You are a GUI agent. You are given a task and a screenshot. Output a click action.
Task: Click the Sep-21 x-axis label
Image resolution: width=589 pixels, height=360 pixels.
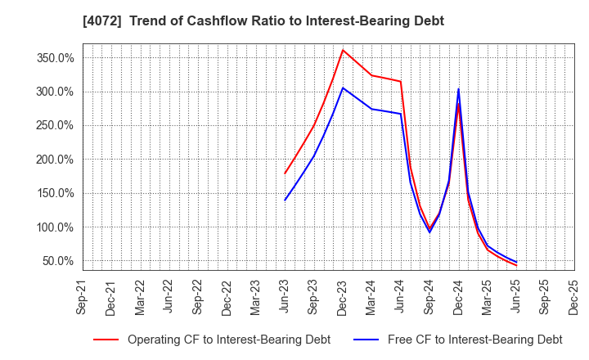83,296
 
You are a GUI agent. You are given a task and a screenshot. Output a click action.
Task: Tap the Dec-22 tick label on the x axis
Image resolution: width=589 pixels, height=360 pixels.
227,296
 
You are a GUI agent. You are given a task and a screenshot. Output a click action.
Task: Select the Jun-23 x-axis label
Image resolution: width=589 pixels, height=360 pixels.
285,296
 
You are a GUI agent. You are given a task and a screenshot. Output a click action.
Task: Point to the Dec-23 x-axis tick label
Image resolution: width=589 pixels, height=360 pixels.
343,296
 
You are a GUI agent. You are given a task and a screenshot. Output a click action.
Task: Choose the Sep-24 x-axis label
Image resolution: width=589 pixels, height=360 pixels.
429,296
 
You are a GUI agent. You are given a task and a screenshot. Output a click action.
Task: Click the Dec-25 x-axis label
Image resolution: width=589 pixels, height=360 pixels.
573,296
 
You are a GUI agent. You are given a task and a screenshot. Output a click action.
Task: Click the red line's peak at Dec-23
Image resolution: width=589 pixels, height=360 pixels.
343,50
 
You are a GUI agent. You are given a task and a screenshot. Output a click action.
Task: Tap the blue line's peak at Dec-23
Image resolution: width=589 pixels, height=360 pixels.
343,88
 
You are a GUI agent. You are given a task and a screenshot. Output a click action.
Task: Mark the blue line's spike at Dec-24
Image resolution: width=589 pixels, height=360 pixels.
458,88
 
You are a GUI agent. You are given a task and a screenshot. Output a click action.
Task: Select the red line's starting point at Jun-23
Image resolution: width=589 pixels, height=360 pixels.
285,173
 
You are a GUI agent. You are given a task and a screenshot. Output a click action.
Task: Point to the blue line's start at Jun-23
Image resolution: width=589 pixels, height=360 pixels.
285,200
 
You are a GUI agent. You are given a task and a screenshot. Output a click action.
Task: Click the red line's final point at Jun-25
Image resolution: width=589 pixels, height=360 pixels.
516,266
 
